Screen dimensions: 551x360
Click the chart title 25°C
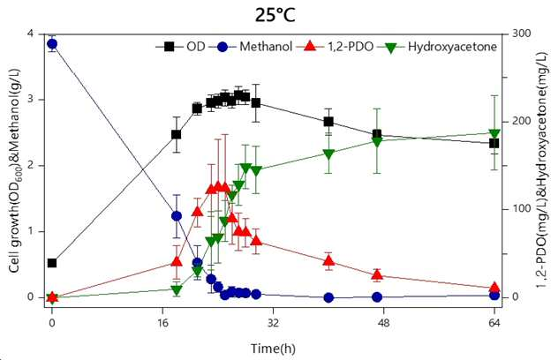click(275, 15)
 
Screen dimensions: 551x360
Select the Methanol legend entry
click(251, 47)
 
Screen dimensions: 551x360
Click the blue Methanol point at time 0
click(52, 44)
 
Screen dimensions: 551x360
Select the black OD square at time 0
click(52, 263)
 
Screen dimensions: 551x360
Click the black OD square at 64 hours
click(494, 143)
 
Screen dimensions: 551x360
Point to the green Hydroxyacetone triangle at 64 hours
click(494, 133)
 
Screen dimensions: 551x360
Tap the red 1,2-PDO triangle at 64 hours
click(494, 287)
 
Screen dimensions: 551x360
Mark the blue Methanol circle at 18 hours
click(177, 216)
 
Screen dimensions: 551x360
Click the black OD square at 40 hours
click(328, 122)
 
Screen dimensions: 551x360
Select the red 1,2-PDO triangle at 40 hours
click(328, 260)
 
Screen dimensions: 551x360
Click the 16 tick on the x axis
click(162, 323)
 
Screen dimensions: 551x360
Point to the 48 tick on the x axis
click(383, 323)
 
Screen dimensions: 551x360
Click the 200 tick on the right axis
click(521, 122)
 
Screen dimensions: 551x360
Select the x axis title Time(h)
click(273, 349)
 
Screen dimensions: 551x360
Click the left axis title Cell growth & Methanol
click(14, 170)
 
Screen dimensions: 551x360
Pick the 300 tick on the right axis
click(521, 34)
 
